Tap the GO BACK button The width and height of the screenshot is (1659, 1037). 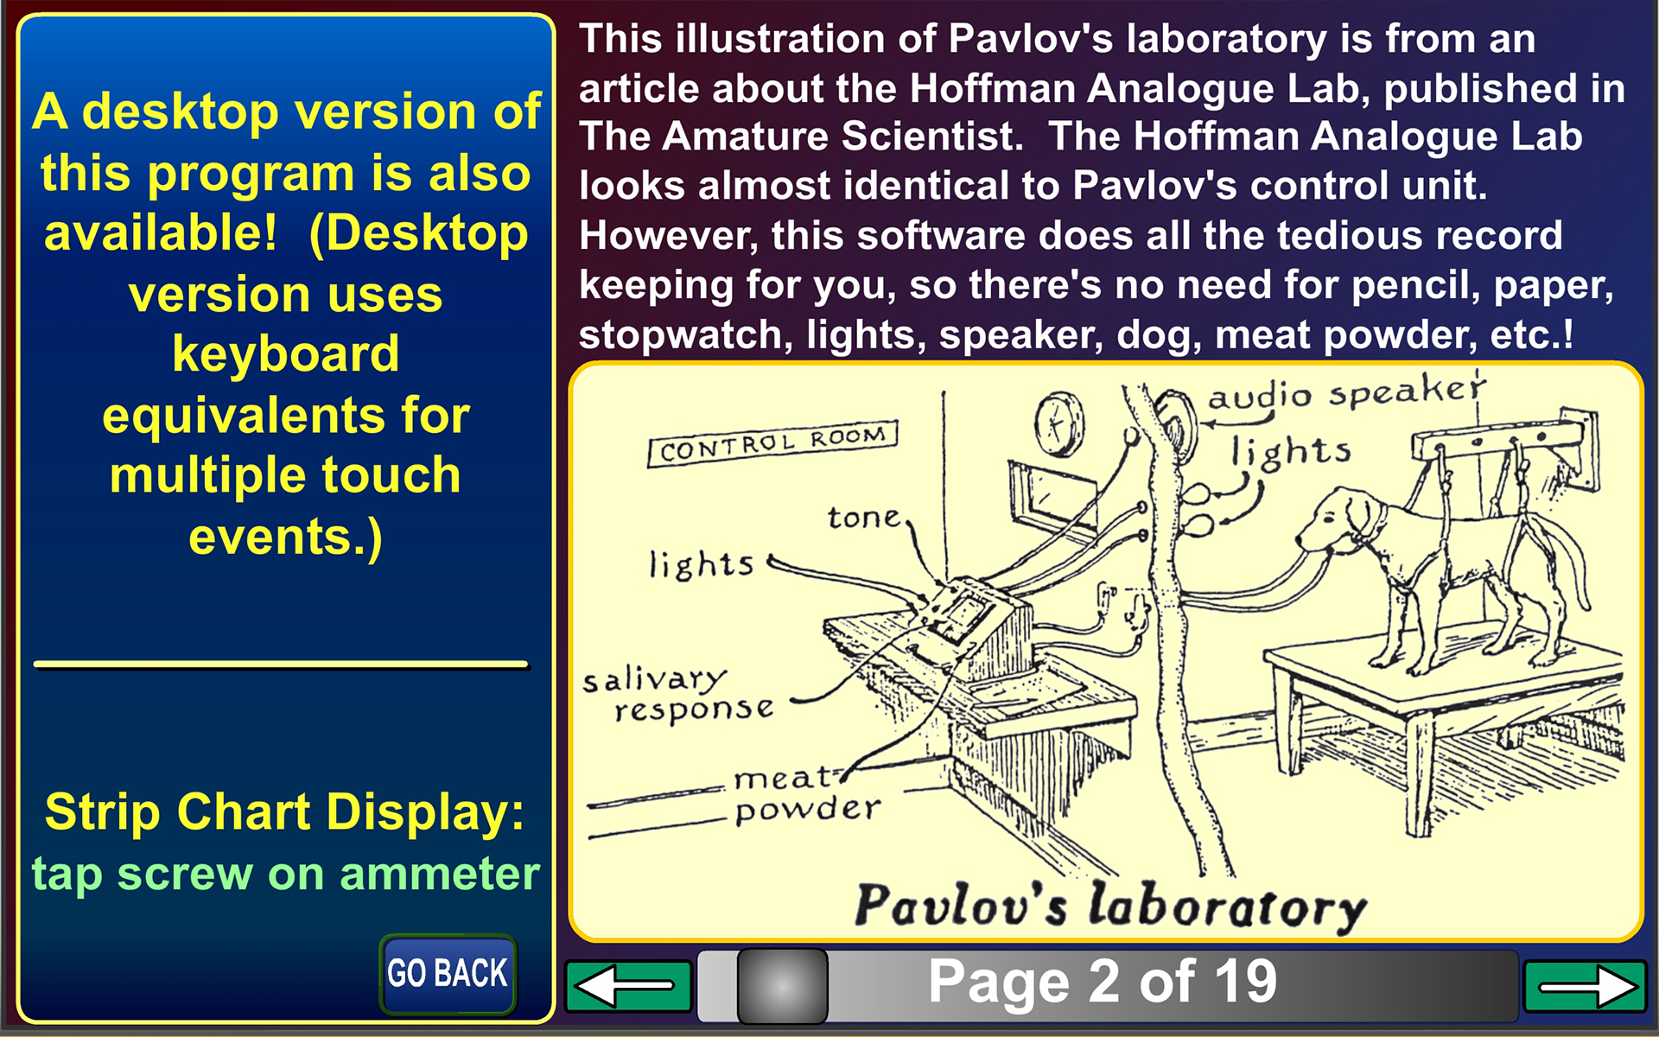pos(448,973)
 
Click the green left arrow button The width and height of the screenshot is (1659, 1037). pos(628,985)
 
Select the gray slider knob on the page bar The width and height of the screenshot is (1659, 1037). pos(782,985)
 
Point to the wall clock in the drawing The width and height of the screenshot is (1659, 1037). pos(1059,423)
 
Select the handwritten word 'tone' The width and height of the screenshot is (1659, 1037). pos(864,517)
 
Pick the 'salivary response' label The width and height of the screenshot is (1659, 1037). pos(678,695)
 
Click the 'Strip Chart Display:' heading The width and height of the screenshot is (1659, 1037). pos(285,812)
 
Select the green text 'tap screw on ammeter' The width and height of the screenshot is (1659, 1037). pos(285,874)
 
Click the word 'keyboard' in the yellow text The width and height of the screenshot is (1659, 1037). pos(285,354)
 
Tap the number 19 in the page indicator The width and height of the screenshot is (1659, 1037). pos(1245,982)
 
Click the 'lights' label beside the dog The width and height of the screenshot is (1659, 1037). pos(1291,453)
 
